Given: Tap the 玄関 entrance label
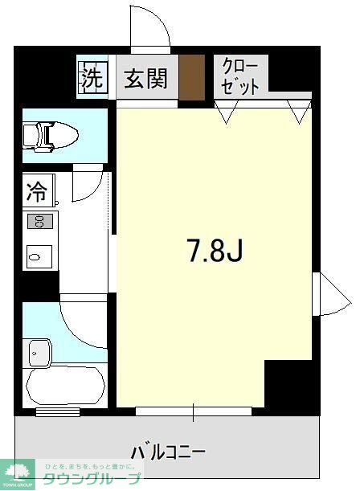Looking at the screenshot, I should coord(145,79).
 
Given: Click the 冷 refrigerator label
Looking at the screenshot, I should coord(37,192).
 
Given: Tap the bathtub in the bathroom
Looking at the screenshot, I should coord(64,385).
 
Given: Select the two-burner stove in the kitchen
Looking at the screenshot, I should coord(40,221).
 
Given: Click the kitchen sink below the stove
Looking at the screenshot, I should coord(39,256).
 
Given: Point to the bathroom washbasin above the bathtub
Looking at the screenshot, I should coord(38,351).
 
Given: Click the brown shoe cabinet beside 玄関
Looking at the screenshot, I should coord(191,78).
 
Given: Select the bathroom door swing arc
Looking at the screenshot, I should coord(84,321).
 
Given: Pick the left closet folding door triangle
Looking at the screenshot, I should coord(224,113).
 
